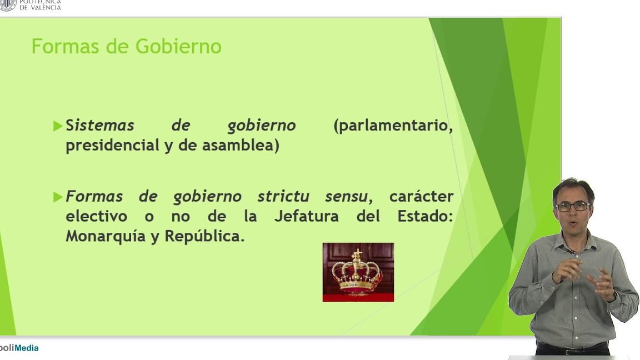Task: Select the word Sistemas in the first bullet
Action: [x=100, y=126]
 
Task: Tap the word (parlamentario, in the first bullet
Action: [x=393, y=126]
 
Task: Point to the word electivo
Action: [x=96, y=216]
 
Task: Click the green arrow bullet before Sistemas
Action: [x=58, y=126]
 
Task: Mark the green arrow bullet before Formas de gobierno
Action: [x=58, y=197]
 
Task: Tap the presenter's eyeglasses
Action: [x=573, y=206]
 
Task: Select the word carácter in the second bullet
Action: [x=421, y=197]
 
